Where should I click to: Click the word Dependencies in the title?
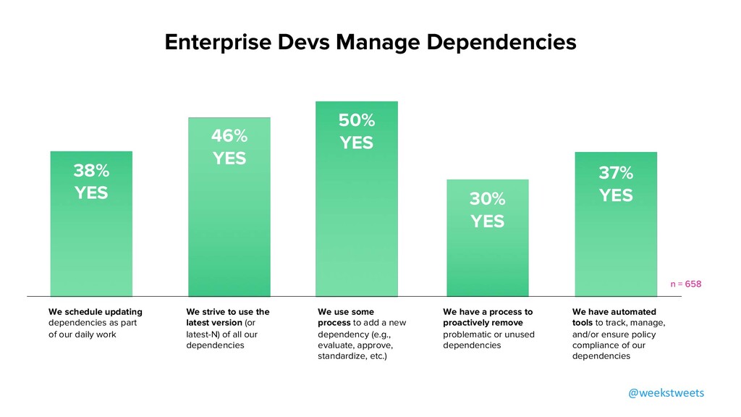500,42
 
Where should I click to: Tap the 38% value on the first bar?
91,171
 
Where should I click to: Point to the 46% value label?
229,135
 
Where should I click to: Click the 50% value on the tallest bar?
357,120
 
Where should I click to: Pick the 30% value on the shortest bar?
487,198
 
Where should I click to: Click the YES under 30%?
487,221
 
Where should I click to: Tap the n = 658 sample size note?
685,284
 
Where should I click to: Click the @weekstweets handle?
666,392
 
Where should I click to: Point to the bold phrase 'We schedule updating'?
96,312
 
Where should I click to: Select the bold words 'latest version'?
214,323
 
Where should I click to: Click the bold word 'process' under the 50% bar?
334,323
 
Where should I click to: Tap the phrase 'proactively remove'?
483,323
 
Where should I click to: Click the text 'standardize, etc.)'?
352,356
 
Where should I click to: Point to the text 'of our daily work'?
82,334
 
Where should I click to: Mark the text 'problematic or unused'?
488,334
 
